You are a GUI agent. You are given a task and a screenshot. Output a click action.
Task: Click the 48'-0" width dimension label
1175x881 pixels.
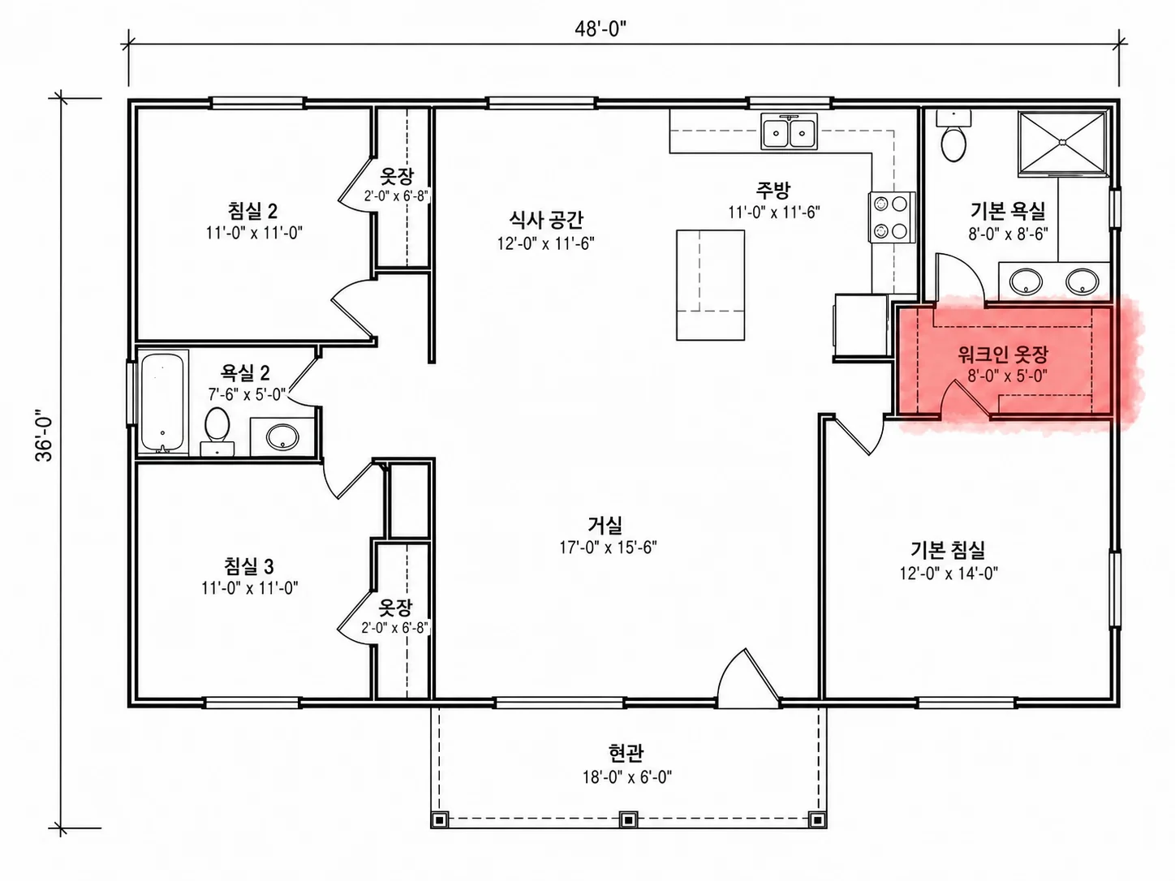tap(600, 29)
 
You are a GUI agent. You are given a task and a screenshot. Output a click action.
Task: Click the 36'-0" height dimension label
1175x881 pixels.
tap(45, 436)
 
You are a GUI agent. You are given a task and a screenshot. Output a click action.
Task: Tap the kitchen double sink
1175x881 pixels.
tap(789, 131)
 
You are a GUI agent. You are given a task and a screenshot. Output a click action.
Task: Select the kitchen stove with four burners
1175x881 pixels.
tap(891, 217)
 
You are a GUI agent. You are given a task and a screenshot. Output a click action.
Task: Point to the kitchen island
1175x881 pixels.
tap(710, 285)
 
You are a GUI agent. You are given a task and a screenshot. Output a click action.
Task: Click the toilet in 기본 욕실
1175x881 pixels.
tap(953, 136)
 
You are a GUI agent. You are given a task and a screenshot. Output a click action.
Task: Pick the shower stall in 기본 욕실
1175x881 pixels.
tap(1062, 144)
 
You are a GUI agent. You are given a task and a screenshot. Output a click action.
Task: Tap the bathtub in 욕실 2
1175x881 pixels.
tap(163, 403)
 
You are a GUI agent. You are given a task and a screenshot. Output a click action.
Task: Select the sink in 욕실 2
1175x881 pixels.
tap(282, 436)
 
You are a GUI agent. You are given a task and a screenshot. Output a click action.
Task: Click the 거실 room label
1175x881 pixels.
tap(605, 524)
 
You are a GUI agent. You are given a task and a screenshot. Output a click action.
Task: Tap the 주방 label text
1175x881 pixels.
tap(773, 189)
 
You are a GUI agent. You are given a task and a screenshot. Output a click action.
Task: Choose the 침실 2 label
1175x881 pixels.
tap(252, 210)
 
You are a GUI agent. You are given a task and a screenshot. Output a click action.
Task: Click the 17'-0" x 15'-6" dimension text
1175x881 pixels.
tap(608, 548)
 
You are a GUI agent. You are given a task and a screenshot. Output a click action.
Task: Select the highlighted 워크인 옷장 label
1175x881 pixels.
tap(1003, 354)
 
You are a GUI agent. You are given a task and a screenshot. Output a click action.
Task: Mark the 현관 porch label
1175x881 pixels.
tap(626, 753)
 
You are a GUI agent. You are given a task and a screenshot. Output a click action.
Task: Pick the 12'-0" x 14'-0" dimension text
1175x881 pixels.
tap(949, 574)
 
